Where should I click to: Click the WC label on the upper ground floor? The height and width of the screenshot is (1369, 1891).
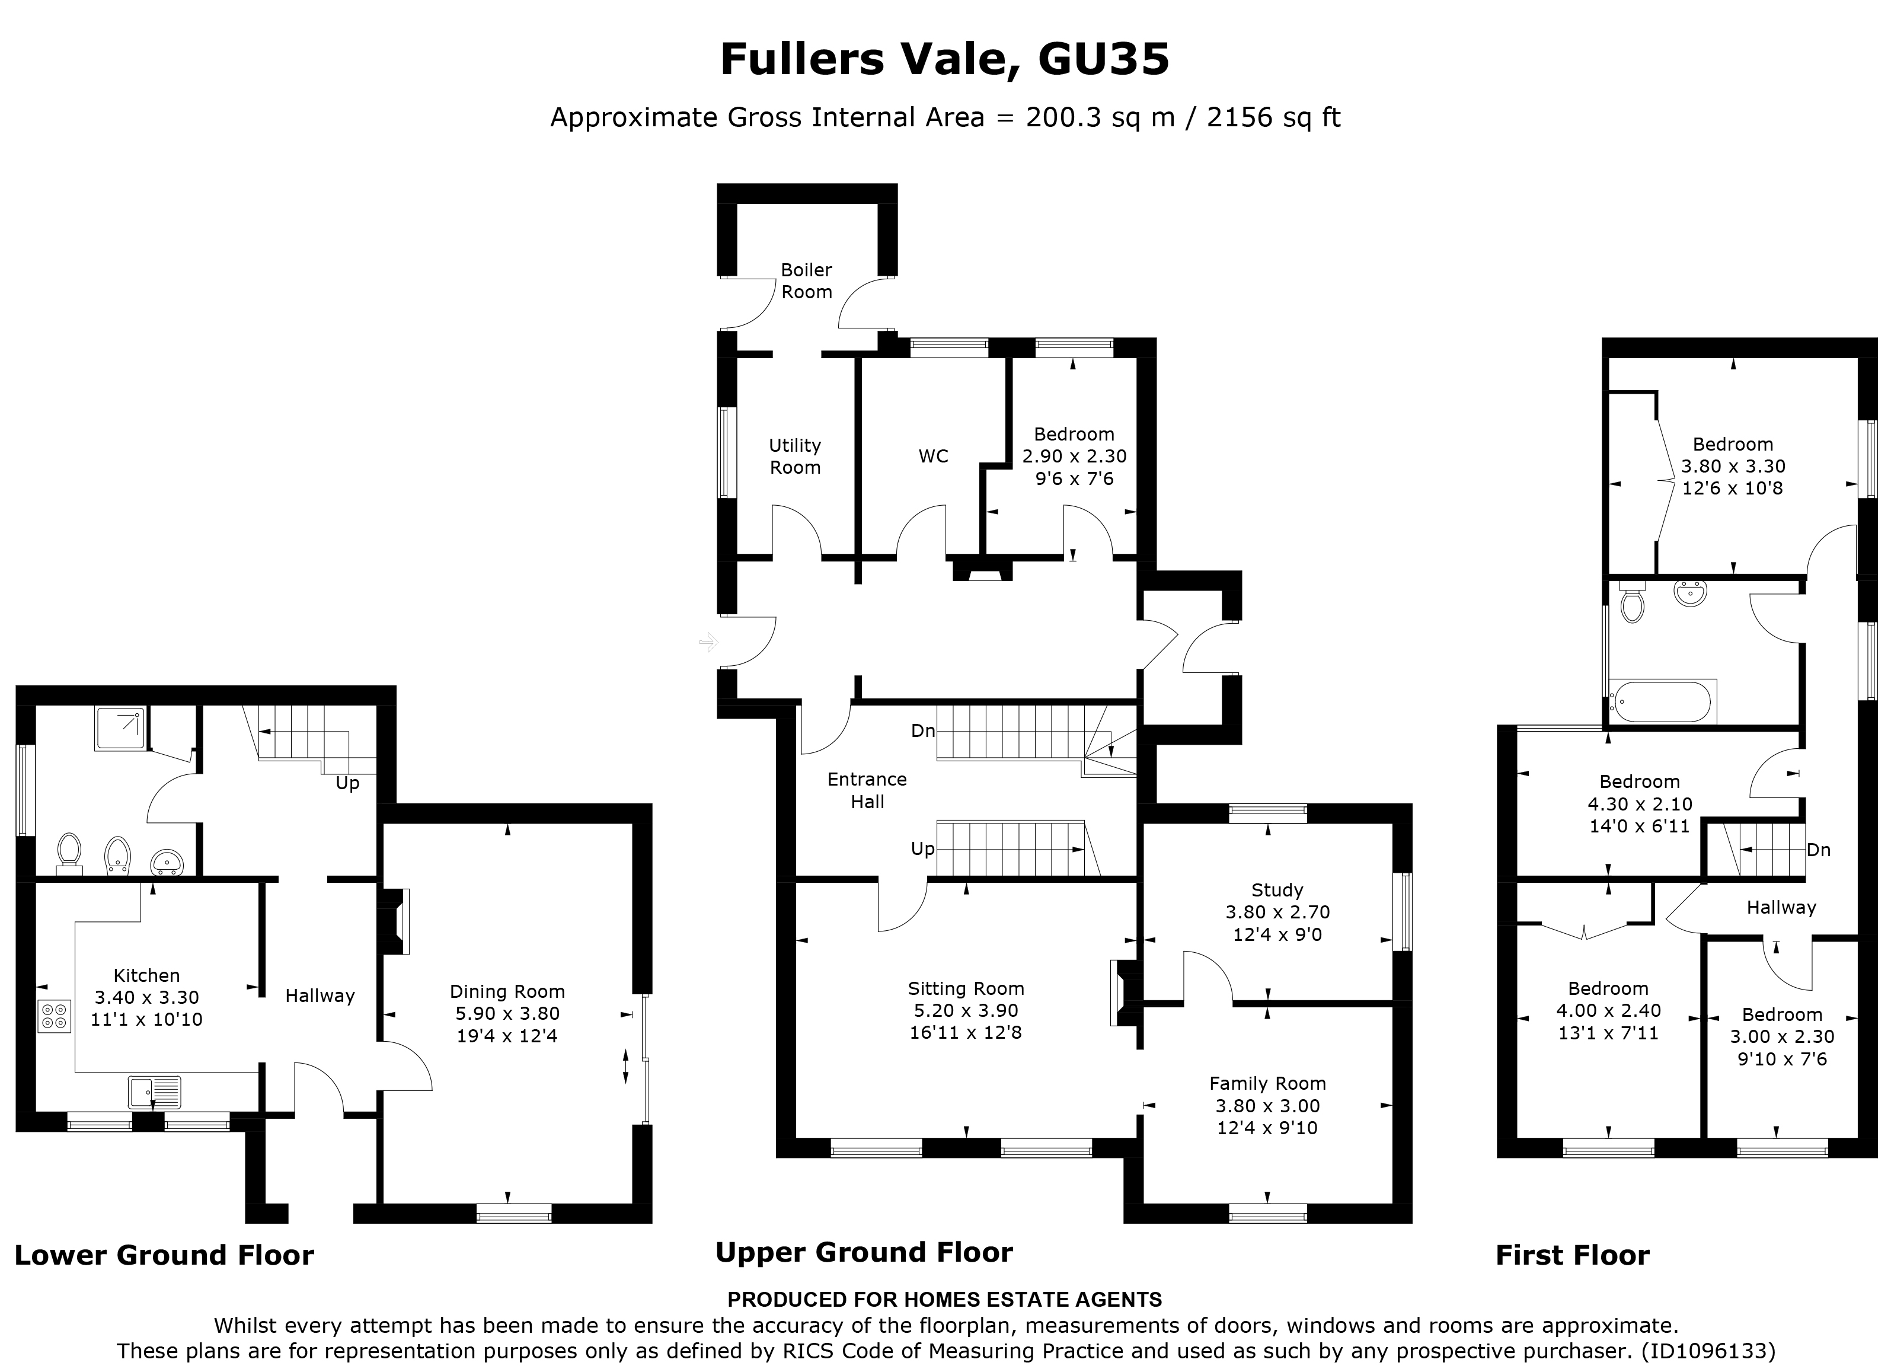coord(933,456)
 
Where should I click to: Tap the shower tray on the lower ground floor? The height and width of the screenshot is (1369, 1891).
coord(120,729)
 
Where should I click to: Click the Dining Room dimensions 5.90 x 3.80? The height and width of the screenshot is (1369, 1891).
coord(507,1014)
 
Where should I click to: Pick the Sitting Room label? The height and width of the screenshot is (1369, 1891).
coord(966,989)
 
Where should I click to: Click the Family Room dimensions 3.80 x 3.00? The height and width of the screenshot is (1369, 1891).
coord(1267,1106)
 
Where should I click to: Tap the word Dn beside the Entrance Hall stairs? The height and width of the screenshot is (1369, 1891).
coord(922,731)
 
